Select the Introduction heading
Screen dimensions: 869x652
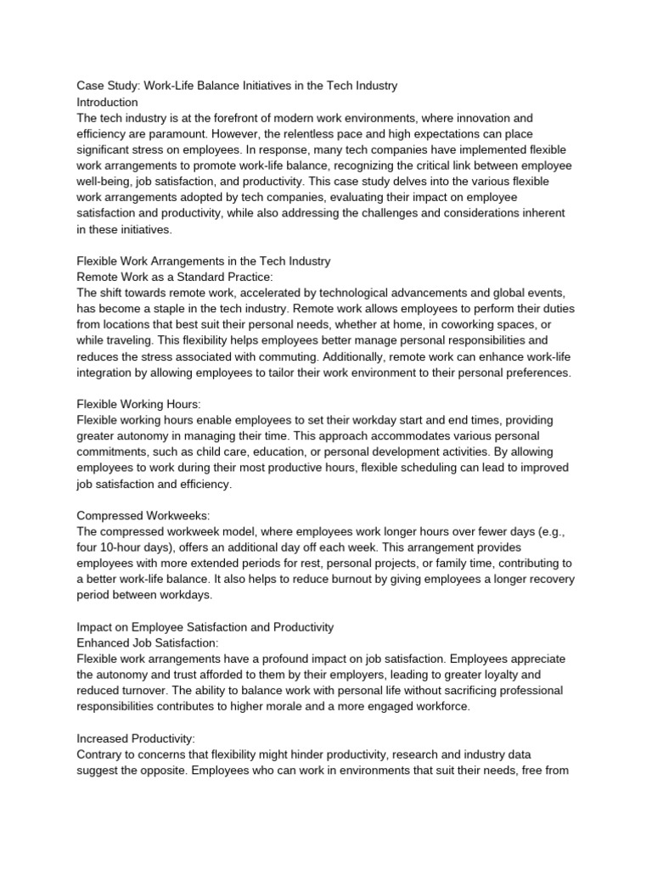click(x=107, y=102)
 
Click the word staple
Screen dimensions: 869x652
click(x=200, y=309)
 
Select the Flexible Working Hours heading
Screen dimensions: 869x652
click(x=139, y=404)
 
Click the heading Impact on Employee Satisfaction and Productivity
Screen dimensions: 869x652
click(x=205, y=626)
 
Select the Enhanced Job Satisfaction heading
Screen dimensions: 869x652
click(x=148, y=642)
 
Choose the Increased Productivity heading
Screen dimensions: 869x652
click(x=136, y=737)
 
